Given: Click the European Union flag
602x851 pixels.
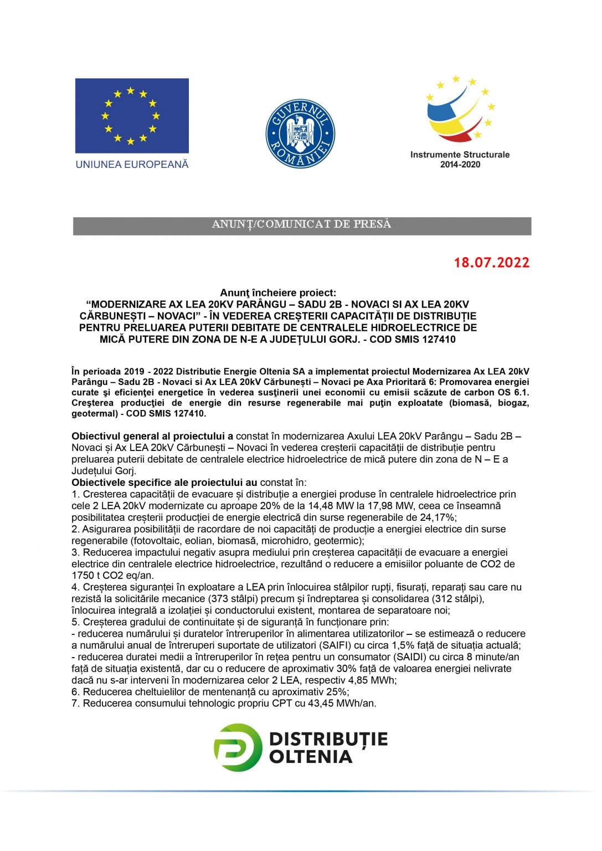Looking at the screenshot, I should [x=132, y=116].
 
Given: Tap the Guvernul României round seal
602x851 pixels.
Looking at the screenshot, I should [x=300, y=134].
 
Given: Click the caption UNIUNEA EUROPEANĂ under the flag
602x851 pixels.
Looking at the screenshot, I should [x=132, y=165].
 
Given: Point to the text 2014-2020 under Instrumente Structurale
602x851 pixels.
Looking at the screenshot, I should [x=460, y=165].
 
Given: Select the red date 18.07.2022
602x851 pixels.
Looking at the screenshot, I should [x=492, y=263].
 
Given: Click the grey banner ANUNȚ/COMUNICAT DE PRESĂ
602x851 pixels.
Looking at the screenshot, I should [x=302, y=224].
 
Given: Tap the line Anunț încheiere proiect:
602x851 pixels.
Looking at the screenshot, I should [x=278, y=293].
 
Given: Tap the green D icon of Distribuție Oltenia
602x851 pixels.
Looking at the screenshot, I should [x=238, y=747].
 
